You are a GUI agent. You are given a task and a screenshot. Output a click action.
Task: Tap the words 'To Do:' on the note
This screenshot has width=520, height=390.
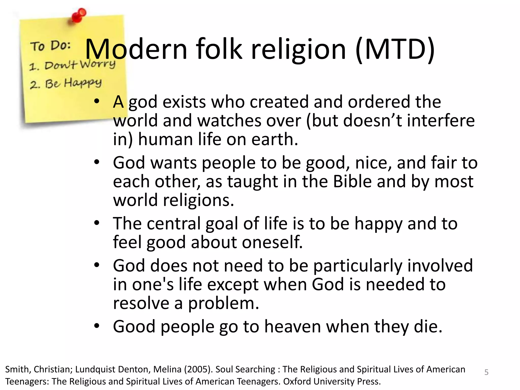pyautogui.click(x=50, y=46)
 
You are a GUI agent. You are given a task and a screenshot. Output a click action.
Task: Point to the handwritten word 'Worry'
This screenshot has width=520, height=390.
pyautogui.click(x=98, y=63)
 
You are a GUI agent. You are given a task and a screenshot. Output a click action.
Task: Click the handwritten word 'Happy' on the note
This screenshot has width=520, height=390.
pyautogui.click(x=83, y=83)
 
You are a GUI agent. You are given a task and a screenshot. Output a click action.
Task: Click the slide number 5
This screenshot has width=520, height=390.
pyautogui.click(x=486, y=372)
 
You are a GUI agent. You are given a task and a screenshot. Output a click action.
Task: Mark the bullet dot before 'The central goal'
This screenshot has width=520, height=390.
pyautogui.click(x=96, y=223)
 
